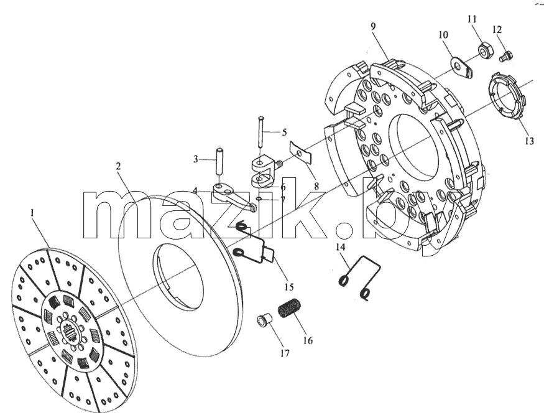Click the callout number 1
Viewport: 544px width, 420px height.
coord(32,212)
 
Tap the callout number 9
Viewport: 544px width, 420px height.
coord(373,27)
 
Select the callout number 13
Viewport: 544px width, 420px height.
coord(529,141)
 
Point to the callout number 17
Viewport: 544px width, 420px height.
coord(285,353)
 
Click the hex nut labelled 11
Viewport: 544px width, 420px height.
coord(485,49)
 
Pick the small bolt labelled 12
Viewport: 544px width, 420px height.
coord(507,56)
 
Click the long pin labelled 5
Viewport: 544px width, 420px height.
coord(260,133)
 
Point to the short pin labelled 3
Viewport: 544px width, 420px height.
coord(219,162)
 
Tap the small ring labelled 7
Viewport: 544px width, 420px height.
coord(259,199)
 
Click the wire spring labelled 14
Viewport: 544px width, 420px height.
coord(361,278)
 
